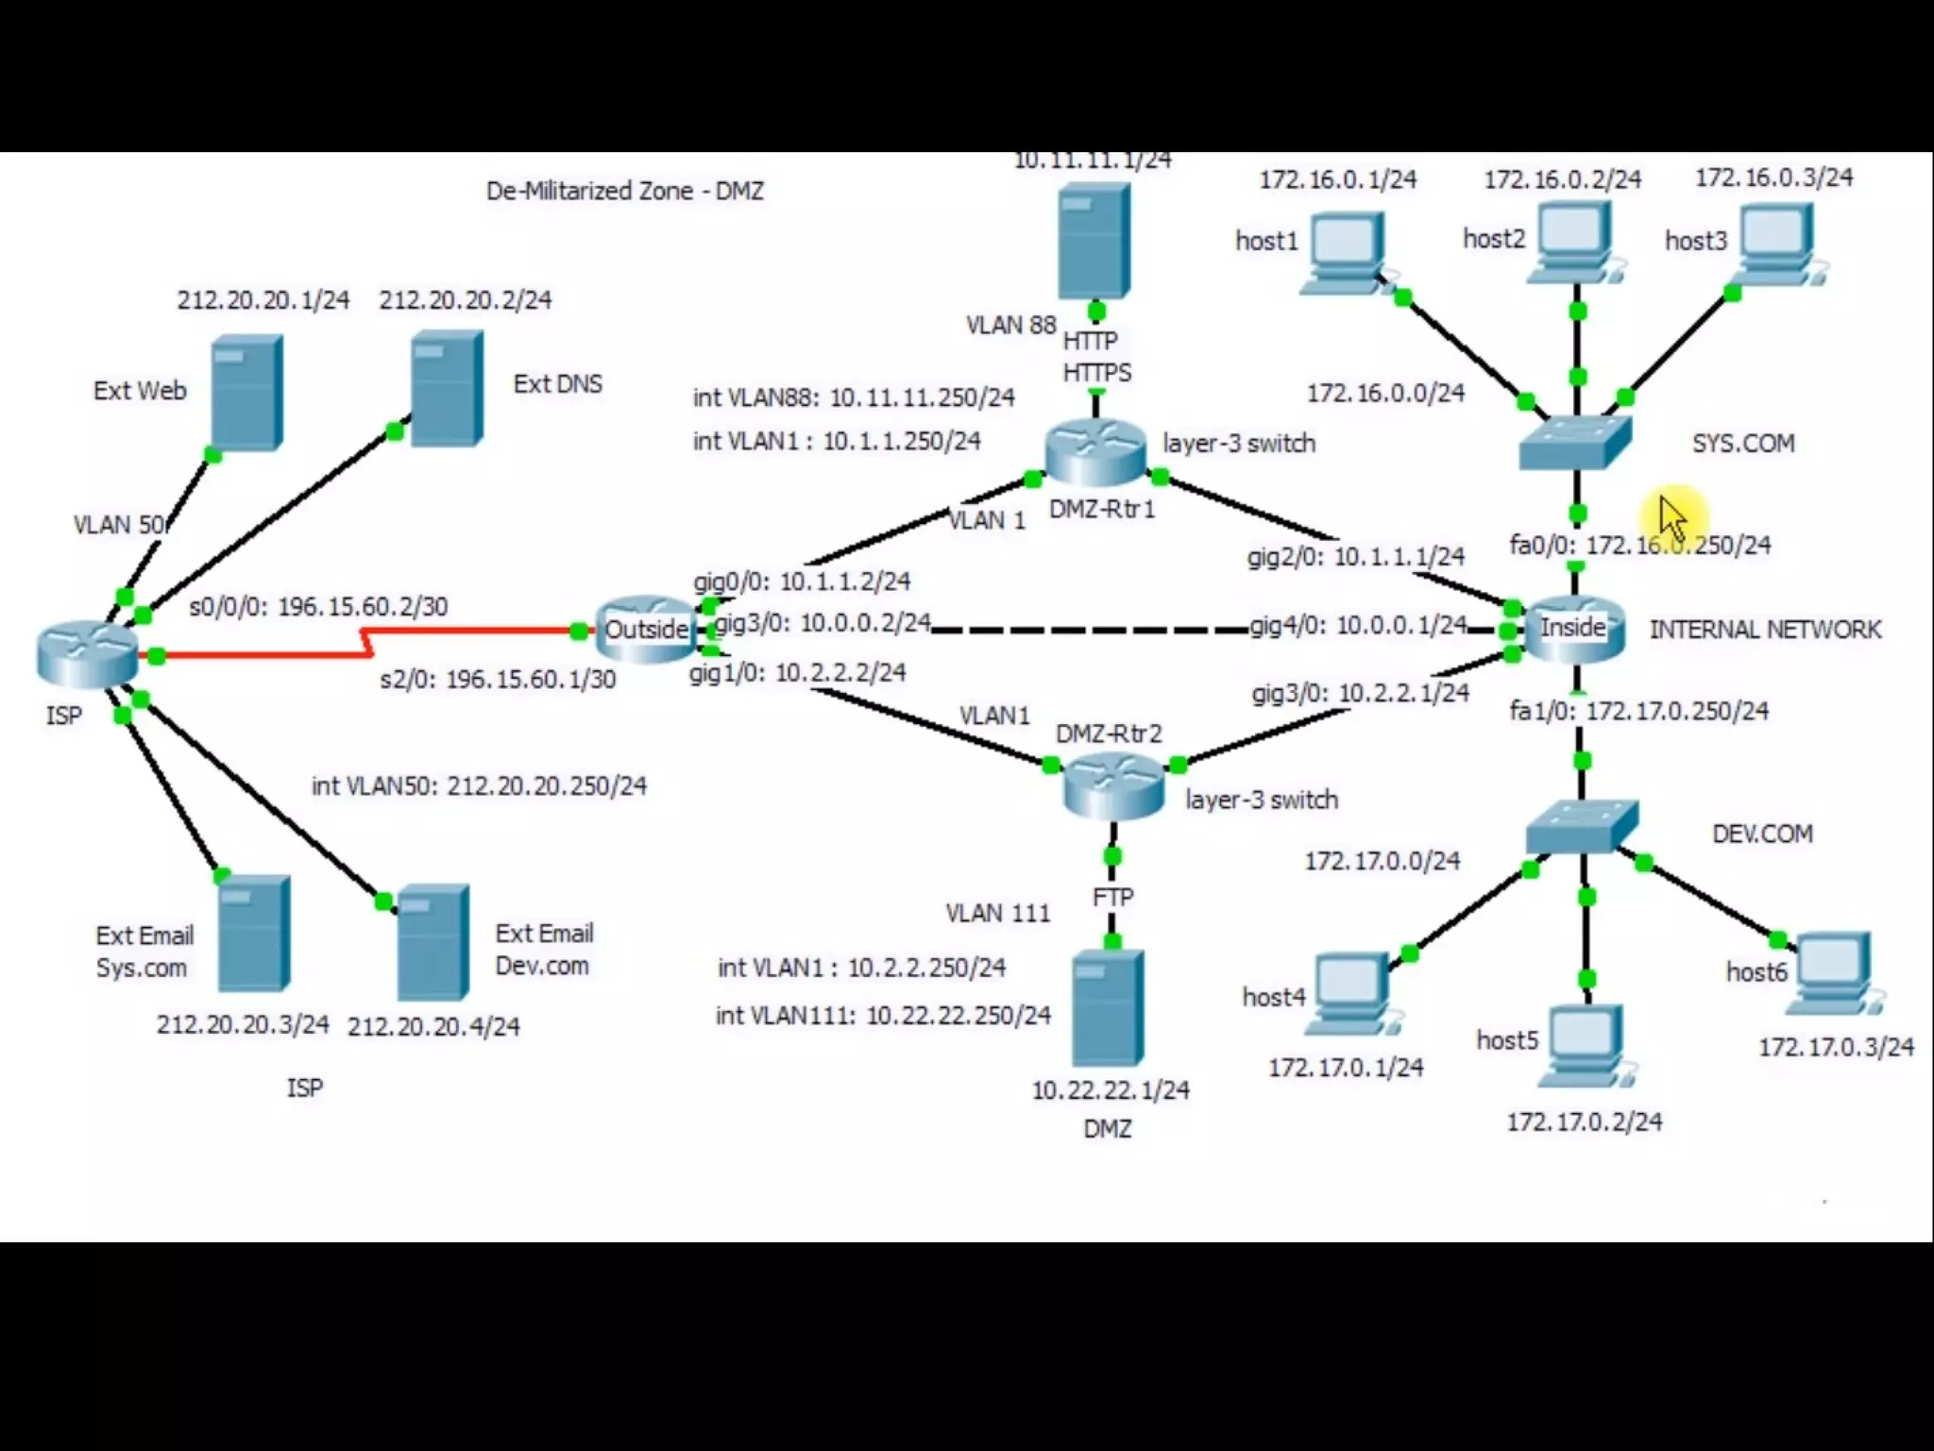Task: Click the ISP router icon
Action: click(87, 653)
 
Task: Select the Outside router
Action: click(645, 629)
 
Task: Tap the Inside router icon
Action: click(1573, 628)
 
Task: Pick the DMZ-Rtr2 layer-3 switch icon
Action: click(1113, 787)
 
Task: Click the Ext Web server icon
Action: click(246, 392)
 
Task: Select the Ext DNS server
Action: click(447, 388)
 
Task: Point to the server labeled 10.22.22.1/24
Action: click(1108, 1008)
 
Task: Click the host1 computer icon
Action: click(1346, 251)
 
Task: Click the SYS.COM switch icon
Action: click(1575, 443)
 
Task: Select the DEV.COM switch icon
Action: click(1582, 827)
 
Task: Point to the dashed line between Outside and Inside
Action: click(1086, 629)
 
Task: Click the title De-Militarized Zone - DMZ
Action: click(624, 191)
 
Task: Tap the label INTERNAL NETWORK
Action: click(1764, 630)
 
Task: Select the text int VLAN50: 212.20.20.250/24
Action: click(479, 785)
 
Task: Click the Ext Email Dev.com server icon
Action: click(433, 941)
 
